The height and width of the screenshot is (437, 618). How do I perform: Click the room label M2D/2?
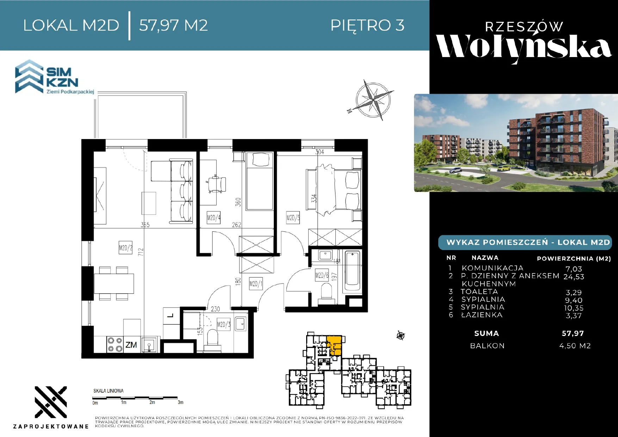125,248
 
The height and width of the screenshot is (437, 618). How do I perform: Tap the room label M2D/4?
214,218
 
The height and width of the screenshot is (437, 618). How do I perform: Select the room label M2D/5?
293,218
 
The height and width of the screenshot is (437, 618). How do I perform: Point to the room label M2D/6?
322,275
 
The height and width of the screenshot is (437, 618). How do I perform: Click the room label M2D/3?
223,324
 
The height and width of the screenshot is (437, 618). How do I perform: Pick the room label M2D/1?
255,283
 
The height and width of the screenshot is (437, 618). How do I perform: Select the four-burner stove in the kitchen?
115,344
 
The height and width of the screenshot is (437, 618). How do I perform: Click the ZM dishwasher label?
131,345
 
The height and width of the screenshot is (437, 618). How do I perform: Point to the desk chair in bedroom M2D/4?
216,184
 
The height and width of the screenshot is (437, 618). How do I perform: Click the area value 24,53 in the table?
574,277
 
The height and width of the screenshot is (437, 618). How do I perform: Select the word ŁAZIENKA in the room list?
482,315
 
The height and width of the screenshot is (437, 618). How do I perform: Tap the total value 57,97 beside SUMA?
573,333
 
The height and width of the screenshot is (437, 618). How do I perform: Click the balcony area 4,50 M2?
575,346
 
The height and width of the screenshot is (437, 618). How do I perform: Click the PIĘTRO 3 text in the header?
367,25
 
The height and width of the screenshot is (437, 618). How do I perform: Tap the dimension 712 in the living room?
141,252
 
